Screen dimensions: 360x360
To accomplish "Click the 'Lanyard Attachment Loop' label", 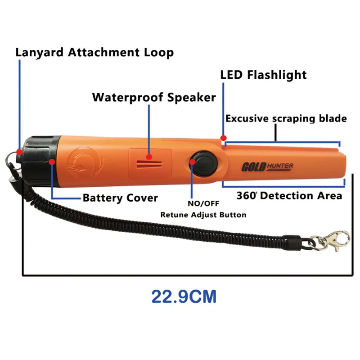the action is pos(94,52).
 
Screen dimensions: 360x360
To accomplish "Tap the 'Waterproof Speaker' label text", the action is pos(154,97).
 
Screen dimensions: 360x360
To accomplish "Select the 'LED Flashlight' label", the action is pos(263,75).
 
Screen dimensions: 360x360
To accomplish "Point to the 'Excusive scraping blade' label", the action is pos(286,119).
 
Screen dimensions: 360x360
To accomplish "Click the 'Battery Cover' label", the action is pos(120,198).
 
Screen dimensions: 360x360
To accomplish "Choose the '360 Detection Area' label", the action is pos(289,196).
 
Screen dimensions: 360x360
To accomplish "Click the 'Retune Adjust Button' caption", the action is pos(203,215).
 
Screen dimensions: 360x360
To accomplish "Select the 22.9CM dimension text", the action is pos(184,297).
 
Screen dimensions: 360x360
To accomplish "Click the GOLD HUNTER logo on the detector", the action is pos(268,167).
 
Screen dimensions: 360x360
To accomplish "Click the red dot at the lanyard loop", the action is pos(19,152).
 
